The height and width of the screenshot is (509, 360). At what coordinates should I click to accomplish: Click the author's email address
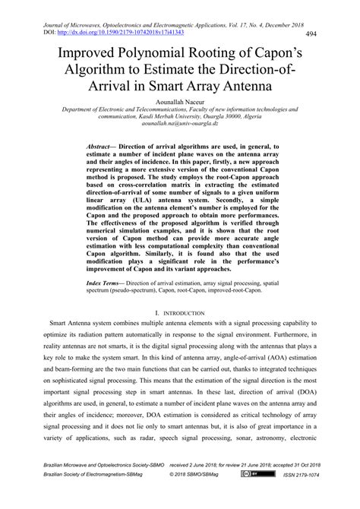tap(179, 123)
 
